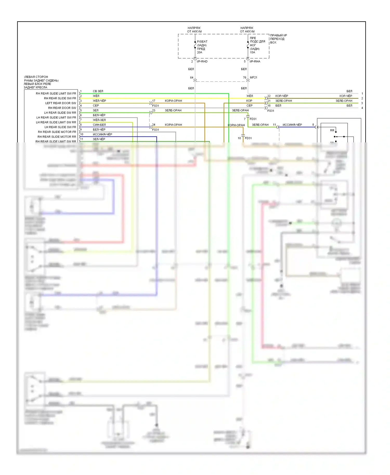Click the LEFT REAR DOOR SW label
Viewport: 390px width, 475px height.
point(61,103)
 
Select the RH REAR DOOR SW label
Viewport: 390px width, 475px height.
point(62,108)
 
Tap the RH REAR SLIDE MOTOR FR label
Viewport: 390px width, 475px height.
point(57,132)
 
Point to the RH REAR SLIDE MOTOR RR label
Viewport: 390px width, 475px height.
point(57,137)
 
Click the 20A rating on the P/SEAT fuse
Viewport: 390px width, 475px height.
point(199,52)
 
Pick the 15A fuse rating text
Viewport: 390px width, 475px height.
point(252,52)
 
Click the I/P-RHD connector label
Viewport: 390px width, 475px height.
point(202,62)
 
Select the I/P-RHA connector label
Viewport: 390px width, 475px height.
point(255,62)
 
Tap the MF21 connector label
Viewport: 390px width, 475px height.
point(253,77)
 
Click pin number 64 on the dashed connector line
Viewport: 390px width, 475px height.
point(192,78)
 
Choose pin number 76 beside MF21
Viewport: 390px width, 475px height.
point(244,77)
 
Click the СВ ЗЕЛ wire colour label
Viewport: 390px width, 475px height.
point(98,91)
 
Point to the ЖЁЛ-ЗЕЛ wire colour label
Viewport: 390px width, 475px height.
point(99,120)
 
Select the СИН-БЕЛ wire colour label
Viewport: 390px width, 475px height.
point(99,125)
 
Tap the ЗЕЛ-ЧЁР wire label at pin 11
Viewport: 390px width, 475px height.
point(99,139)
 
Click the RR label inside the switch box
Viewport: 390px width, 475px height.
point(332,130)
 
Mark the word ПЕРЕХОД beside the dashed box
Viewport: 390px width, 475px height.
point(277,39)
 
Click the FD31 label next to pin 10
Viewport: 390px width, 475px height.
point(248,138)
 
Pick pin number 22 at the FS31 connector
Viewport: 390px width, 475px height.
point(269,96)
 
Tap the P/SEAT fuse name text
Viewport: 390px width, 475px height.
point(202,42)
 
